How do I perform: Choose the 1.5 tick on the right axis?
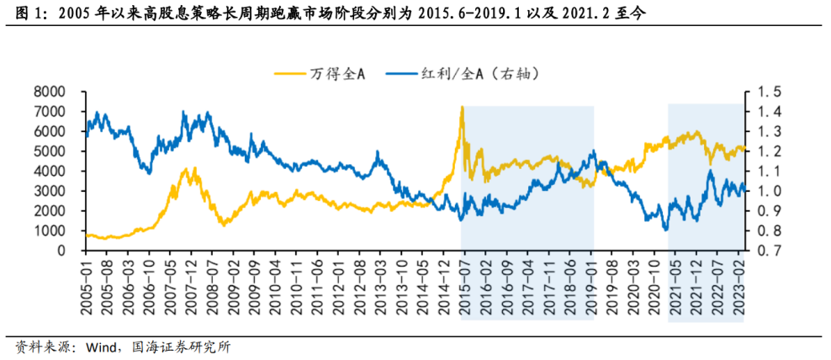(x=771, y=92)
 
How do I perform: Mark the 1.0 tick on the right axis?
(x=771, y=191)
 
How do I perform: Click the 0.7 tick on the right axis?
(x=771, y=251)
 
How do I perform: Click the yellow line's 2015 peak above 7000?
(x=462, y=108)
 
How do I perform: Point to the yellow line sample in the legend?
(x=289, y=74)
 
